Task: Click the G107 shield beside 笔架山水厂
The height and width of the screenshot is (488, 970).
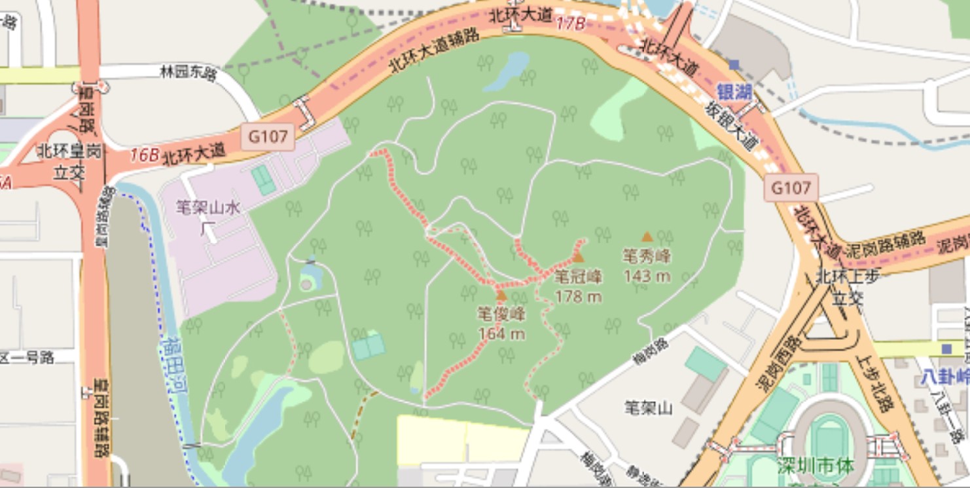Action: (268, 137)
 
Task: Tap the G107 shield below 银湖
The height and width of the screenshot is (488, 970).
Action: (791, 188)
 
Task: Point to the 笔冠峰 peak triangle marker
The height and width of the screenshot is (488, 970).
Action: (578, 257)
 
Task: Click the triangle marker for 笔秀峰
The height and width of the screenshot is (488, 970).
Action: (647, 236)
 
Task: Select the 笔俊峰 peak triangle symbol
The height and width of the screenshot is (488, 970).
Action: (501, 295)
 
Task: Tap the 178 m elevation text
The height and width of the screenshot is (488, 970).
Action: (578, 297)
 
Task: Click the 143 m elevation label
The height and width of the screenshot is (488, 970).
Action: (647, 276)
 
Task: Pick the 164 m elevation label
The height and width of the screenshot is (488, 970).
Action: (501, 334)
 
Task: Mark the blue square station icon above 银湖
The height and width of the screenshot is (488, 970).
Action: (734, 64)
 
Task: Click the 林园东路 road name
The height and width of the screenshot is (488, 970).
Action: (188, 71)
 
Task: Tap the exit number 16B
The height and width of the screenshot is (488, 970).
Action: (144, 155)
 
